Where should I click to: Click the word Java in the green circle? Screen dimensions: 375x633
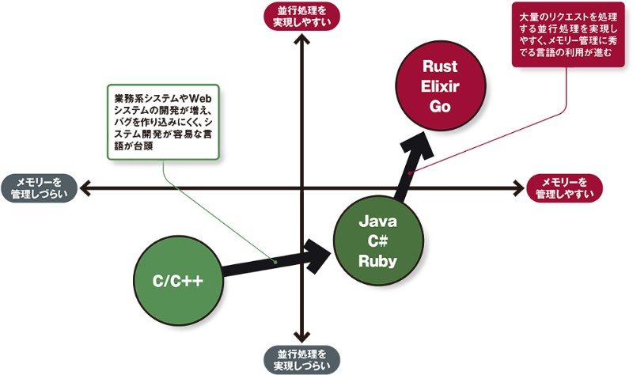(x=377, y=220)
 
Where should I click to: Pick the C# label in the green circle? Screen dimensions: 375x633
(x=377, y=241)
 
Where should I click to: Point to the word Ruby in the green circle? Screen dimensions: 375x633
(x=377, y=260)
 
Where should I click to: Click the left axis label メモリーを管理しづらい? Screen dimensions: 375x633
(x=40, y=187)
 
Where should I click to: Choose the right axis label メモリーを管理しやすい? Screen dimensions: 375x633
(x=564, y=187)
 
